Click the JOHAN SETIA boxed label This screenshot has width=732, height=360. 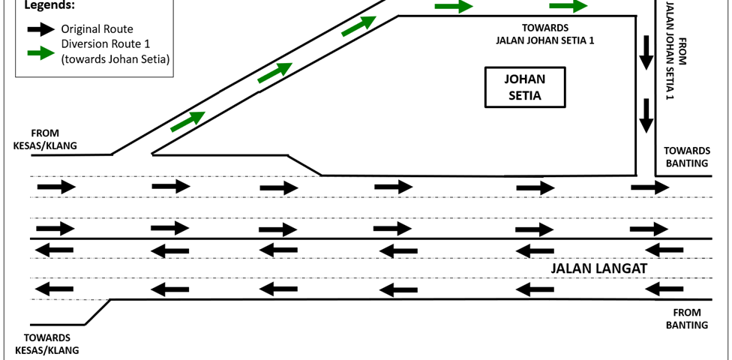tap(523, 87)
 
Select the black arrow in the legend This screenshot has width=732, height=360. tap(40, 29)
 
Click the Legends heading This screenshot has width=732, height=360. tap(49, 6)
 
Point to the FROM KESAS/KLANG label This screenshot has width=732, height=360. tap(45, 139)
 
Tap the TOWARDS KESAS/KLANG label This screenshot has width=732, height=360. tap(46, 343)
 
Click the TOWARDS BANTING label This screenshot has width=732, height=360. tap(685, 157)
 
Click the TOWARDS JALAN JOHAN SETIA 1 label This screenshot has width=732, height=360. tap(545, 34)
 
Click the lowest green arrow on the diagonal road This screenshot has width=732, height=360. tap(187, 121)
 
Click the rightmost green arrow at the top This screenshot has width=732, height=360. tap(568, 7)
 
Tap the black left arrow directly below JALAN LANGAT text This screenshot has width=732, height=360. tap(537, 289)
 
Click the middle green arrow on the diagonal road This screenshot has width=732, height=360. tap(274, 73)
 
